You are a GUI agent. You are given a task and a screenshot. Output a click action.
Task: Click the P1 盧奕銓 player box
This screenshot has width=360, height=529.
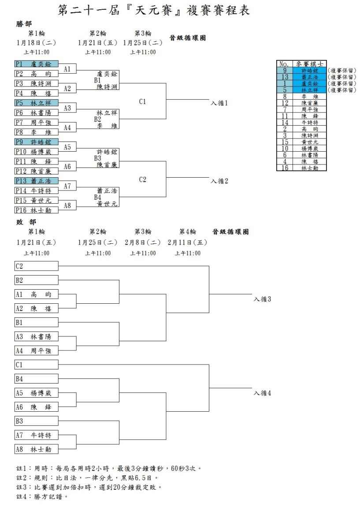37,64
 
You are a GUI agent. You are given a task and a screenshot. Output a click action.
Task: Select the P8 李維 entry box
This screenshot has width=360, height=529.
37,132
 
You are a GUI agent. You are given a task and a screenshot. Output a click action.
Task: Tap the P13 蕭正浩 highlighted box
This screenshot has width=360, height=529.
37,181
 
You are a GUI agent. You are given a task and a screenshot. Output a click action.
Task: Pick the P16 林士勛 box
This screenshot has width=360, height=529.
37,210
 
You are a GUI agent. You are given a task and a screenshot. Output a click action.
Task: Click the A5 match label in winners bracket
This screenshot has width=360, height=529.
67,147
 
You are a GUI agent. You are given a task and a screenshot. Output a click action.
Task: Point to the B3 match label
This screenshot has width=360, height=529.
97,158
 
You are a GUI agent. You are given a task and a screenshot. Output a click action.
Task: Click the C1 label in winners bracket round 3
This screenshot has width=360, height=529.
142,101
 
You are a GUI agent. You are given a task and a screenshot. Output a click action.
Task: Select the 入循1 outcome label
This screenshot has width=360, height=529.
219,103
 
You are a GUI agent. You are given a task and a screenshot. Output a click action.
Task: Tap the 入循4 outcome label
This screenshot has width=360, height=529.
262,393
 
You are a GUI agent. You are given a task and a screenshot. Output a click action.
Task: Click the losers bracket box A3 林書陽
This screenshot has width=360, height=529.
37,336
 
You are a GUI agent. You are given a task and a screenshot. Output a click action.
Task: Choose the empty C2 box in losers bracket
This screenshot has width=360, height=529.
37,266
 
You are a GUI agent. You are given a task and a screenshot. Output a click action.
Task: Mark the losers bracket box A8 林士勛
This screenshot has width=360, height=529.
37,449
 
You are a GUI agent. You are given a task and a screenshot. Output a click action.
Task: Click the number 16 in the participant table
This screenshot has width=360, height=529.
285,168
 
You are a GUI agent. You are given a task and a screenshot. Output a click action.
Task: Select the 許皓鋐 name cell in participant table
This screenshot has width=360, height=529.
309,71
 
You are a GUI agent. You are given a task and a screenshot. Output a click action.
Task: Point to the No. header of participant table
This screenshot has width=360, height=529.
285,64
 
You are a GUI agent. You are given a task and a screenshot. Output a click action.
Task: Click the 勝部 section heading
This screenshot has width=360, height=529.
24,24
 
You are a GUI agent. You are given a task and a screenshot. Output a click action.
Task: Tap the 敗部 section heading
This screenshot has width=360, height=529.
26,222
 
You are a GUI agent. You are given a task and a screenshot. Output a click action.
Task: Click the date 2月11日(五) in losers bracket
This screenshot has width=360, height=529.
187,242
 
